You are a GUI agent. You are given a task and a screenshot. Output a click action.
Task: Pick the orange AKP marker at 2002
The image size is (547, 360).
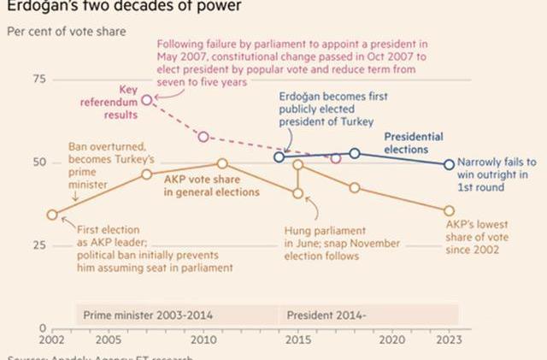pyautogui.click(x=53, y=215)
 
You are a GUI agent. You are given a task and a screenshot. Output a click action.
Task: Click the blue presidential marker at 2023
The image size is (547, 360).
pyautogui.click(x=450, y=164)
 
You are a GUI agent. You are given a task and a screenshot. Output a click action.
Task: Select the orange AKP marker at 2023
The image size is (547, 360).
pyautogui.click(x=450, y=210)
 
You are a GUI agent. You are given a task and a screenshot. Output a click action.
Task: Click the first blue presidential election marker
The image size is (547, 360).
pyautogui.click(x=279, y=157)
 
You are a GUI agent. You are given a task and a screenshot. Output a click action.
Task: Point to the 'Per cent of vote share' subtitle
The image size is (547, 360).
pyautogui.click(x=67, y=32)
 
